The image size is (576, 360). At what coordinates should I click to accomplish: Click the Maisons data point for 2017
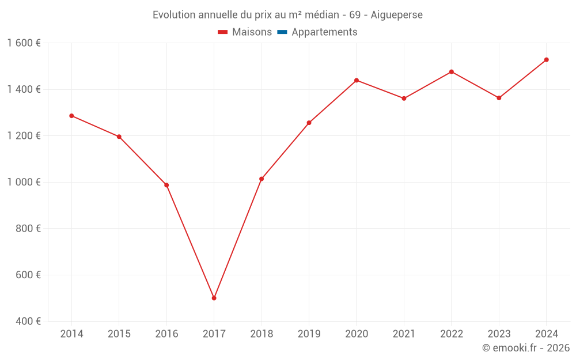[x=214, y=298]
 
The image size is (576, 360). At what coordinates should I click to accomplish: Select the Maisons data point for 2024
[x=546, y=60]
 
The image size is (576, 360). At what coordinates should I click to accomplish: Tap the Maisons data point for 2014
[x=71, y=116]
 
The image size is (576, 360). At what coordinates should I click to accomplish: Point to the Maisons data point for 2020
[x=357, y=80]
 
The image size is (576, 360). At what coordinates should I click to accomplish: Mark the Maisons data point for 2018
[x=262, y=179]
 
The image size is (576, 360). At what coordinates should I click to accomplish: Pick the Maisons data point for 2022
[x=452, y=72]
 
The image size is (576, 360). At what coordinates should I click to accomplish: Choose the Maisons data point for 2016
[x=166, y=185]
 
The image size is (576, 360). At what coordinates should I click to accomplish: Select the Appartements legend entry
[x=324, y=32]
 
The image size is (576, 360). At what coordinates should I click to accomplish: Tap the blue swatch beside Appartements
[x=282, y=32]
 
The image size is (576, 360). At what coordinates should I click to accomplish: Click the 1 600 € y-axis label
[x=24, y=43]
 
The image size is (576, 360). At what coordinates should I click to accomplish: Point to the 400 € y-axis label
[x=28, y=321]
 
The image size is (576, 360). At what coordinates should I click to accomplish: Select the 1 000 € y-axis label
[x=24, y=182]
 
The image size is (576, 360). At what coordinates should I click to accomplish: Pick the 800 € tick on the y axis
[x=28, y=229]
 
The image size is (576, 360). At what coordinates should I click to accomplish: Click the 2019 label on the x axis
[x=309, y=334]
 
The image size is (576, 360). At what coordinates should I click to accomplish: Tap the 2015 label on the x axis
[x=119, y=334]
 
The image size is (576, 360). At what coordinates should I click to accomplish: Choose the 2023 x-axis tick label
[x=499, y=334]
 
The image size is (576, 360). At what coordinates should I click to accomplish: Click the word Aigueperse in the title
[x=397, y=15]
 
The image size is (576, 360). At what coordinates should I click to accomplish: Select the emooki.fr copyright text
[x=526, y=348]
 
